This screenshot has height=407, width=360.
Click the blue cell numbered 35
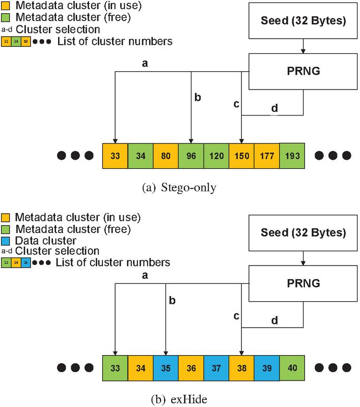click(x=165, y=367)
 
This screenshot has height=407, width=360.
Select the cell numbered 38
click(x=241, y=367)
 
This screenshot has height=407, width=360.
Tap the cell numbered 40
click(x=292, y=367)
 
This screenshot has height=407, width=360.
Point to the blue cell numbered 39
click(x=266, y=367)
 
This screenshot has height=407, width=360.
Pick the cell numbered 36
click(x=191, y=367)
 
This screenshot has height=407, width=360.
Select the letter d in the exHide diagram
click(x=274, y=321)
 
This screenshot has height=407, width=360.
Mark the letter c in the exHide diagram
click(x=236, y=316)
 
